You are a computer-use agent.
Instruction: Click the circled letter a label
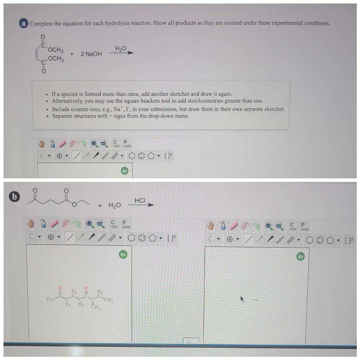[24, 24]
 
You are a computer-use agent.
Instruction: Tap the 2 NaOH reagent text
[91, 54]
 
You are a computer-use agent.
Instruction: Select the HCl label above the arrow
[140, 200]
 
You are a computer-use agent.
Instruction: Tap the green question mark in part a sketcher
[125, 171]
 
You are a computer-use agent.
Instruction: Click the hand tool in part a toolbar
[42, 144]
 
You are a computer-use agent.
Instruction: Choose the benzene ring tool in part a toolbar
[141, 156]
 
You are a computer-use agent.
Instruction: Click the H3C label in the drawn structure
[51, 299]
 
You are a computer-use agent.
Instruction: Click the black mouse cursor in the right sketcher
[242, 299]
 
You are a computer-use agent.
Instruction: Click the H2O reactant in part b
[115, 205]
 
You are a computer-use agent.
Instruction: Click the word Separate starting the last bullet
[62, 116]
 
